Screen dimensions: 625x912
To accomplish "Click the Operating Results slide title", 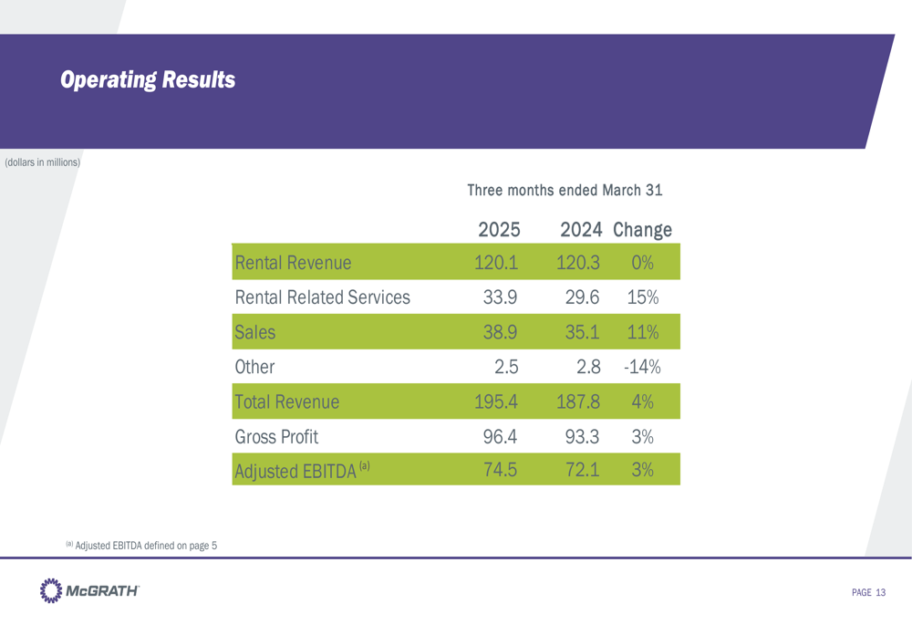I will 148,80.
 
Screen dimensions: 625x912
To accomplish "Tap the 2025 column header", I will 499,229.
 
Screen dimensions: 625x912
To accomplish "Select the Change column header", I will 643,229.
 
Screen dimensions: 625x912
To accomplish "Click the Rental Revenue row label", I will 293,264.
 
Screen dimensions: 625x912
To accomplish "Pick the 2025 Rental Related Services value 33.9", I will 500,297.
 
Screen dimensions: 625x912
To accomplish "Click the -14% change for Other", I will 642,368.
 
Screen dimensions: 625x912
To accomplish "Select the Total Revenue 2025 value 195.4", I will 496,401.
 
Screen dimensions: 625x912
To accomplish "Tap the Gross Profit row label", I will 276,436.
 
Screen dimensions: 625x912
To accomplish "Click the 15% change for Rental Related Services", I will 643,297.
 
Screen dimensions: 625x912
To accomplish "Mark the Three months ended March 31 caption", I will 565,191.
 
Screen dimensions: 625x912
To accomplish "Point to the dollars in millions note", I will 43,162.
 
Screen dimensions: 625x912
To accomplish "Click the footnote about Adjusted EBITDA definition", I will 141,546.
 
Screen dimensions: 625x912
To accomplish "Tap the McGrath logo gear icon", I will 51,590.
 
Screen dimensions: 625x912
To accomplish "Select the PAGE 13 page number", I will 868,593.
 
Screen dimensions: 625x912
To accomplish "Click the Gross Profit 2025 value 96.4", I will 500,436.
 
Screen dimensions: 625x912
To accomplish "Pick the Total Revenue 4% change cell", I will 643,401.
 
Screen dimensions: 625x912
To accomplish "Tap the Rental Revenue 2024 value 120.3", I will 576,264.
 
